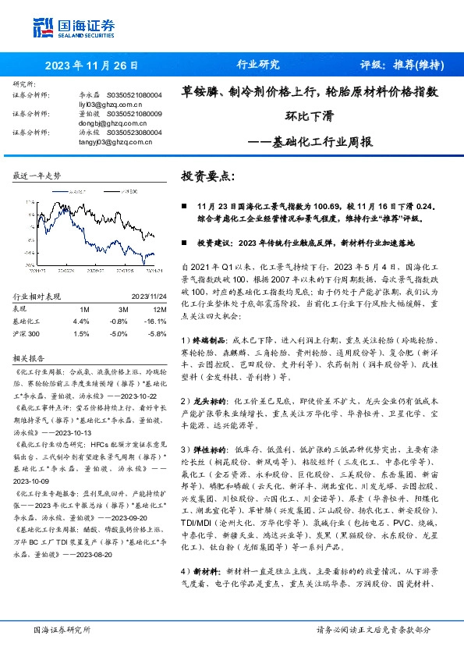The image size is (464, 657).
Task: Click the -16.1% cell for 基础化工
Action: click(151, 321)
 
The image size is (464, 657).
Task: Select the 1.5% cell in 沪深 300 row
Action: click(80, 333)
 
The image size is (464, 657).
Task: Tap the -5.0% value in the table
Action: click(119, 333)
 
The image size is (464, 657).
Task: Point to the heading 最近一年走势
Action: click(37, 176)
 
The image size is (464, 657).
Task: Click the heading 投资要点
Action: click(207, 176)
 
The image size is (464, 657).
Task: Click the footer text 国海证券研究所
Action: click(62, 629)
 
